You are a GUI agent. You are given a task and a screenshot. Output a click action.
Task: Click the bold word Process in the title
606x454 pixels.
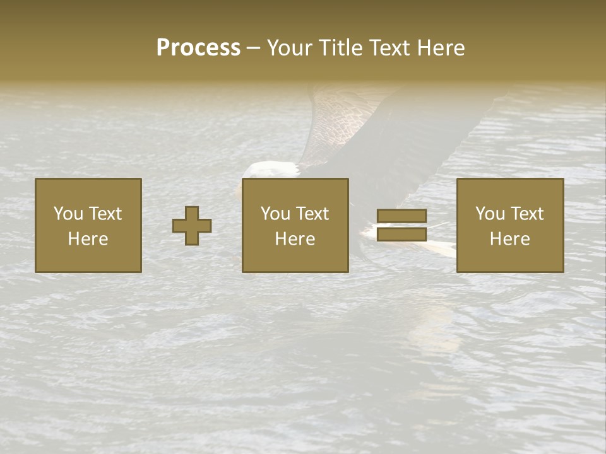(198, 48)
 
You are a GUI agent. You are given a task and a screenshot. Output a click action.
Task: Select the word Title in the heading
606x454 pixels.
(339, 48)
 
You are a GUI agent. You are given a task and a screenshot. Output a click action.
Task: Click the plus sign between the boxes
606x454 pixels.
(192, 226)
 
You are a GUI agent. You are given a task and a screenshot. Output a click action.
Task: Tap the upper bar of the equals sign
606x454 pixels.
(401, 216)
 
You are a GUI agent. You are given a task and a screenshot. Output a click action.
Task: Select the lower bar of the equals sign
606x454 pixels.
(401, 235)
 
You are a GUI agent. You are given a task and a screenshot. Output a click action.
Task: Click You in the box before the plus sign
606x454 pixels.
(68, 214)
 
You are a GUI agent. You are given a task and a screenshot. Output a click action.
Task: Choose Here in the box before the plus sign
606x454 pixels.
(88, 239)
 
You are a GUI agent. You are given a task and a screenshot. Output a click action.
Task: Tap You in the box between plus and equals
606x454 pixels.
(275, 214)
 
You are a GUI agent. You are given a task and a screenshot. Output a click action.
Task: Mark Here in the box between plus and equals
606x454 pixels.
(295, 239)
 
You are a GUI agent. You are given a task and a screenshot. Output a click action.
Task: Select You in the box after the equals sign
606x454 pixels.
(489, 214)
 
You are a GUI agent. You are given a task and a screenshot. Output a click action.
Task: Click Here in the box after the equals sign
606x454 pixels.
(509, 239)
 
